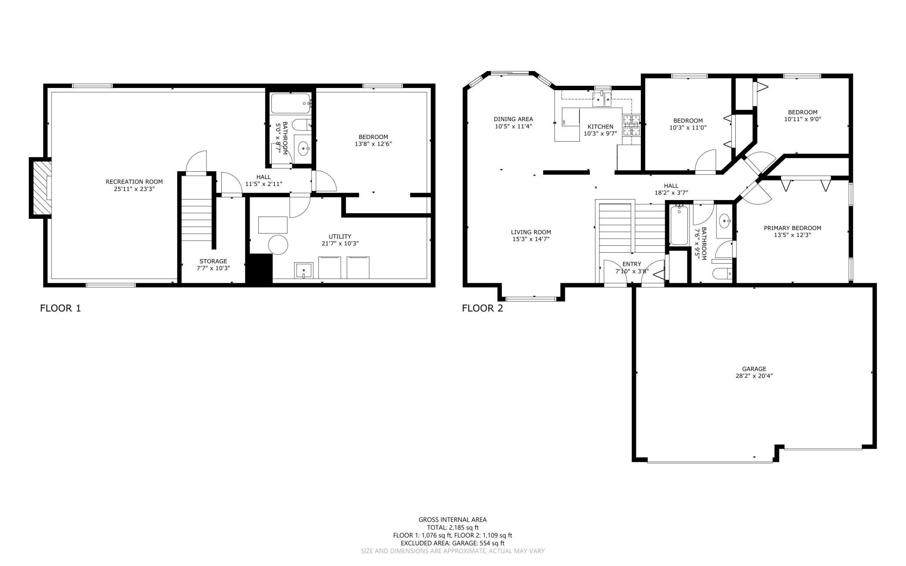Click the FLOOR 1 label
[x=61, y=308]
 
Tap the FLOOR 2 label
[x=483, y=308]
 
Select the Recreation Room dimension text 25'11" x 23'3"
[x=134, y=189]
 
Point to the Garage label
[x=754, y=369]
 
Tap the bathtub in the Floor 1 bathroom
[x=291, y=104]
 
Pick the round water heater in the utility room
[x=278, y=245]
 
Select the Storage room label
[x=213, y=261]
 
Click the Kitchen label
[x=600, y=127]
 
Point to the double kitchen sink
[x=602, y=99]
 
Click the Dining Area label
[x=513, y=119]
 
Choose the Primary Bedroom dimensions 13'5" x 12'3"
[x=792, y=235]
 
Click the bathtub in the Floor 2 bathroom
[x=679, y=225]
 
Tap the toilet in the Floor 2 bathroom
[x=722, y=273]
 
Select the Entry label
[x=632, y=264]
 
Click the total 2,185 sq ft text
[x=453, y=527]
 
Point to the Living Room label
[x=531, y=232]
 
